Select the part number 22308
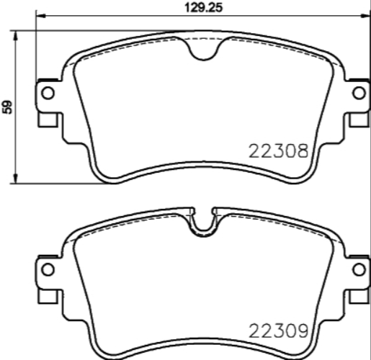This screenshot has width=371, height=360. coord(278,152)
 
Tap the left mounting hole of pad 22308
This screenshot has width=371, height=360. coord(48,93)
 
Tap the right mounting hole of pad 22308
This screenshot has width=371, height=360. coord(358,93)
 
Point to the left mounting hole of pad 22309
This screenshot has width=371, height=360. coord(48,270)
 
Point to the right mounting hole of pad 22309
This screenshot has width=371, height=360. coord(358,270)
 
